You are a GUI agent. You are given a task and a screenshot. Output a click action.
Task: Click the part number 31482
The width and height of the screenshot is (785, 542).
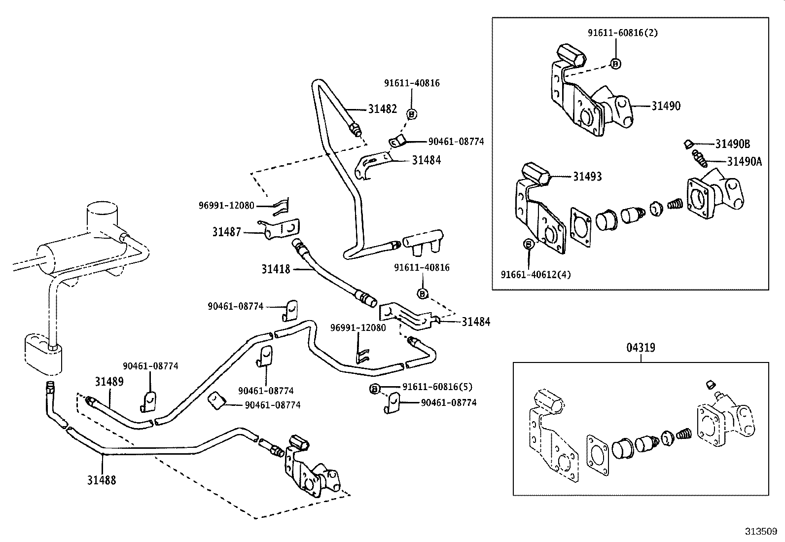pyautogui.click(x=382, y=109)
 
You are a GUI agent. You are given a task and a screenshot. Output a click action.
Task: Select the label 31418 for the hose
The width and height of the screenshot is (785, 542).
pyautogui.click(x=276, y=269)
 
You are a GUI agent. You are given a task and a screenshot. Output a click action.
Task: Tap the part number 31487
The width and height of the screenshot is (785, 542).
pyautogui.click(x=227, y=232)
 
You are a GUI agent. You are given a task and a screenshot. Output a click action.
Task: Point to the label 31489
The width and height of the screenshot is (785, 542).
pyautogui.click(x=109, y=381)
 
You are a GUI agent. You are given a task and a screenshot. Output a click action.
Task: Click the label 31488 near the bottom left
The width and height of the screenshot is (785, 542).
pyautogui.click(x=102, y=480)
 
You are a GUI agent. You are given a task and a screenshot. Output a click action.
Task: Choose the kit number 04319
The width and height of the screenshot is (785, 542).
pyautogui.click(x=641, y=348)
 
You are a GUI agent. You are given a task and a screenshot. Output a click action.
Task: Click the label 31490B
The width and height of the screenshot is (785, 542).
pyautogui.click(x=733, y=144)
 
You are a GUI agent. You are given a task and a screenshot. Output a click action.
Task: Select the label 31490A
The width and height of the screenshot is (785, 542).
pyautogui.click(x=744, y=161)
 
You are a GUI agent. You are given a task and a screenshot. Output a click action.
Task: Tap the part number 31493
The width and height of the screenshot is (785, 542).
pyautogui.click(x=587, y=177)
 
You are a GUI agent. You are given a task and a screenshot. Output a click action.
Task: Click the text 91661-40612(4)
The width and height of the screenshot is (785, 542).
pyautogui.click(x=535, y=274)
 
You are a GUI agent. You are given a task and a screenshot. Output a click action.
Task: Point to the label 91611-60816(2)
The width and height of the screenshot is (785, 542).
pyautogui.click(x=622, y=33)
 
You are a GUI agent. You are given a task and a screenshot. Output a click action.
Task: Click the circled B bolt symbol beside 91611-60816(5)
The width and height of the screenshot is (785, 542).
pyautogui.click(x=374, y=389)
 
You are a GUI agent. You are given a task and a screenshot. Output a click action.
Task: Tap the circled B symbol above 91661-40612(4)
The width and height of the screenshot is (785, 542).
pyautogui.click(x=528, y=244)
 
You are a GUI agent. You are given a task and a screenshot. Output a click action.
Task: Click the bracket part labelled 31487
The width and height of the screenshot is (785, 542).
pyautogui.click(x=282, y=229)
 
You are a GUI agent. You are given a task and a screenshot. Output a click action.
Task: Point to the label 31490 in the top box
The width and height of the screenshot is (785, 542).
pyautogui.click(x=666, y=106)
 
